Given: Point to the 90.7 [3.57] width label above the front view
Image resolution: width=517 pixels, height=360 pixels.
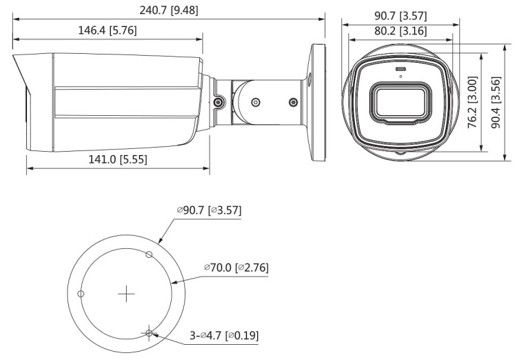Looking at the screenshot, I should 401,14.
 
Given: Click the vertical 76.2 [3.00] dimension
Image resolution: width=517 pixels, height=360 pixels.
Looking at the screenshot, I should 472,99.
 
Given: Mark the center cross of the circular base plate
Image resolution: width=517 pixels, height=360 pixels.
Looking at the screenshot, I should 126,294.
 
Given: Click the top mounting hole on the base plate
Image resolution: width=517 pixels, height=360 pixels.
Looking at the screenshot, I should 149,254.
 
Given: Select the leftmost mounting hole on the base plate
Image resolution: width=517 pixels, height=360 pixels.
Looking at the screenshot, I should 81,294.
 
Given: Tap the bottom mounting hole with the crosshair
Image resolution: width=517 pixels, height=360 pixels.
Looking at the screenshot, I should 150,334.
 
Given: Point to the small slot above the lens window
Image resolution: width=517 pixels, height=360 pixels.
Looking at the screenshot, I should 399,71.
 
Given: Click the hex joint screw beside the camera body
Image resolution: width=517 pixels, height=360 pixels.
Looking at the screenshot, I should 219,102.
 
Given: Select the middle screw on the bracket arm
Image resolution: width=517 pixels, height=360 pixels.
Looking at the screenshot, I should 255,102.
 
